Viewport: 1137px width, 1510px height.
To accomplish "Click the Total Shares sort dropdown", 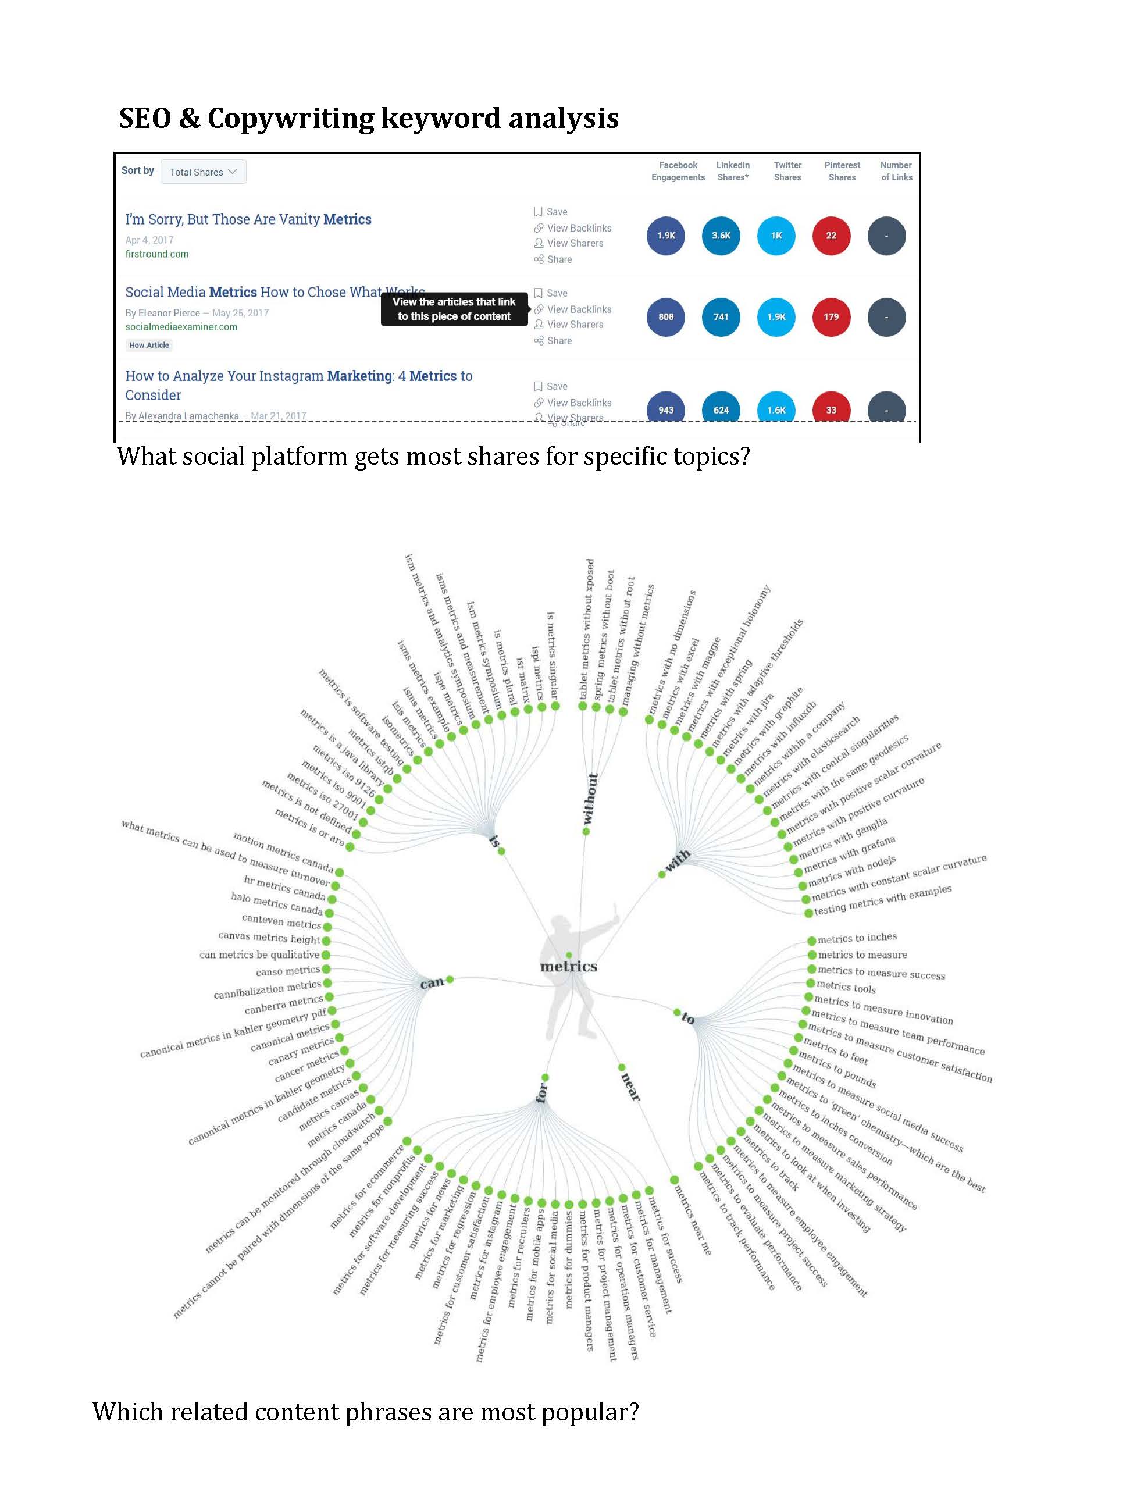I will tap(203, 172).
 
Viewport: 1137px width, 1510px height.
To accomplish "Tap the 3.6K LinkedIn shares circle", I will tap(721, 236).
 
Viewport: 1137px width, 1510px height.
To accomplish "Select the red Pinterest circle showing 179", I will tap(831, 317).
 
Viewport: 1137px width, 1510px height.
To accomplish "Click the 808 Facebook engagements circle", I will tap(665, 317).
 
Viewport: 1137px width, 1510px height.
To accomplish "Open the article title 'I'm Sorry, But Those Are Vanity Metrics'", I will tap(248, 219).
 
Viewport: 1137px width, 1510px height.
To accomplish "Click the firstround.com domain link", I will tap(156, 254).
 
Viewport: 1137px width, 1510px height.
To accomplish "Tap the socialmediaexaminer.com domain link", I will tap(181, 327).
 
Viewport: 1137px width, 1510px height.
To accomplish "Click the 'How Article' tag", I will tap(149, 346).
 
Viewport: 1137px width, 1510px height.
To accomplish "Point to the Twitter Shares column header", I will tap(787, 170).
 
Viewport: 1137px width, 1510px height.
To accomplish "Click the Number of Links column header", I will tap(896, 170).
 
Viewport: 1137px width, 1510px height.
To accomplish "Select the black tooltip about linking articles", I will tap(454, 309).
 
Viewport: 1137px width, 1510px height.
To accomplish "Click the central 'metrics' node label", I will tap(568, 967).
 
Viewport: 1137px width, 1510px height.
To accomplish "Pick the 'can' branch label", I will tap(432, 983).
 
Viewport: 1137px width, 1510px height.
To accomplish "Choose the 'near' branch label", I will tap(630, 1085).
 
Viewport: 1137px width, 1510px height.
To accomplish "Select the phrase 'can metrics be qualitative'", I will tap(259, 955).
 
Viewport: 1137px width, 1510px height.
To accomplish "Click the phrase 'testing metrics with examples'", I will tap(882, 900).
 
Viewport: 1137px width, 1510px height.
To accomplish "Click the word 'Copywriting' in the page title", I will tap(290, 119).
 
